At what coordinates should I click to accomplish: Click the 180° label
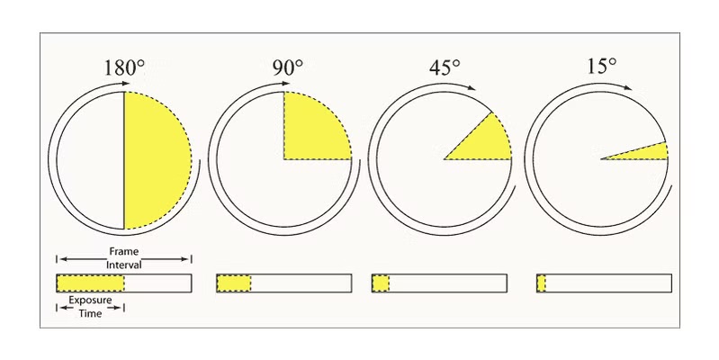click(x=124, y=67)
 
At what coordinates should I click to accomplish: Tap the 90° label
click(x=288, y=67)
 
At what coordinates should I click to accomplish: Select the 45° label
click(x=445, y=67)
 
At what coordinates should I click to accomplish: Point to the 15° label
click(x=602, y=66)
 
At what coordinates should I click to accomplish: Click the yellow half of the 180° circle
click(x=154, y=160)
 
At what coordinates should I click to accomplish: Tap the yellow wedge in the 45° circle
click(x=486, y=142)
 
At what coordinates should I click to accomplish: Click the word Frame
click(x=124, y=251)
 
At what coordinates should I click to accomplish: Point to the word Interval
click(x=124, y=265)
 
